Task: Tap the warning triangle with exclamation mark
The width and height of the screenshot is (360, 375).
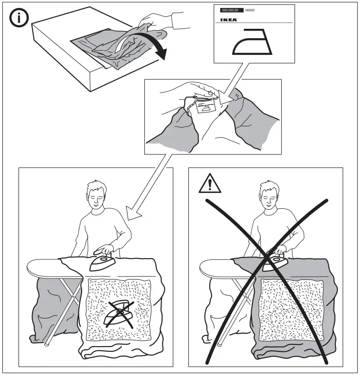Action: pyautogui.click(x=210, y=185)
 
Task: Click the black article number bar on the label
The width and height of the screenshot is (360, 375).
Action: pyautogui.click(x=232, y=10)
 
